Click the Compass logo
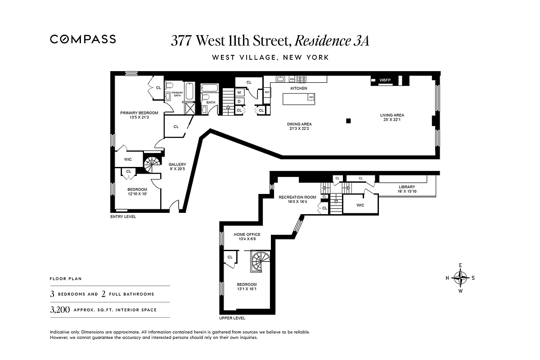pos(83,39)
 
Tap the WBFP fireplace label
pos(385,81)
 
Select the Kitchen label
pos(298,89)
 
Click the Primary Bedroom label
pos(139,113)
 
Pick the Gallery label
pos(177,165)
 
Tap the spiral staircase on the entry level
pos(152,163)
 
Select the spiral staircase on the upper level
pos(260,261)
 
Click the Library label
pos(406,187)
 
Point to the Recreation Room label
pos(297,197)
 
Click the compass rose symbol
pos(460,278)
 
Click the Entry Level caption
pos(123,217)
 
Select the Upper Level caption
pos(232,318)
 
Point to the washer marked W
pos(239,93)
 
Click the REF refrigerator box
pos(267,92)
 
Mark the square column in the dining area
pos(348,121)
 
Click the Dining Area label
pos(299,124)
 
